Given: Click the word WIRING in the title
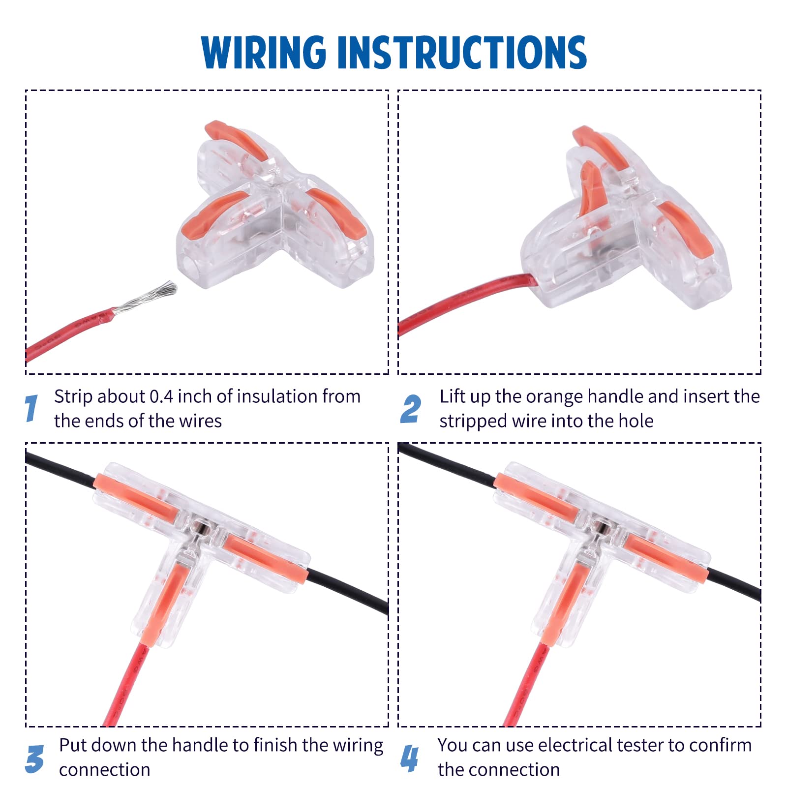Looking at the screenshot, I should click(264, 52).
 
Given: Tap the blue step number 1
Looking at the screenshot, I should click(31, 408).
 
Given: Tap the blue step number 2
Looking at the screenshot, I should click(411, 409).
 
